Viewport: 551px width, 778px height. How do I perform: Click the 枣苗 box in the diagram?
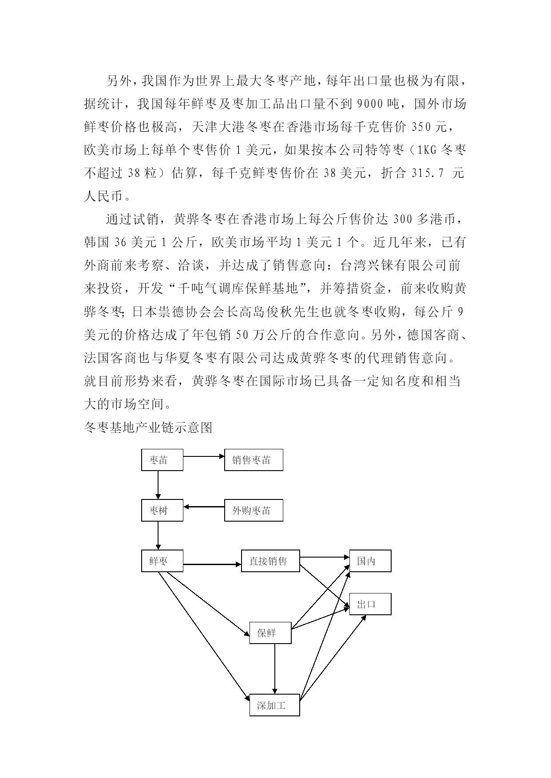tap(162, 460)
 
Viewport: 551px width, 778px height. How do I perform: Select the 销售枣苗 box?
tap(254, 460)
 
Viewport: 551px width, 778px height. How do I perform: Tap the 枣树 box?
tap(162, 511)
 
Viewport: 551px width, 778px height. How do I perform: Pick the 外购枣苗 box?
tap(254, 511)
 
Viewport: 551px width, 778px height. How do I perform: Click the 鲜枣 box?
tap(162, 561)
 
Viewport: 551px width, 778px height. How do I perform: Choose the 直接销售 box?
tap(270, 561)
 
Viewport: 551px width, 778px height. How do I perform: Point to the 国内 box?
tap(370, 561)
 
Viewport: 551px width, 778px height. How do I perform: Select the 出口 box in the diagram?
tap(370, 604)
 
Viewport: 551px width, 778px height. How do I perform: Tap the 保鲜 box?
tap(270, 633)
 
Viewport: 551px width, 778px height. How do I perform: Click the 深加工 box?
tap(274, 705)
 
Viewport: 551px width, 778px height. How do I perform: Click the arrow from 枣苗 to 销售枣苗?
tap(204, 456)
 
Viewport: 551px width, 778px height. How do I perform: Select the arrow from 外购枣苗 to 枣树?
tap(204, 507)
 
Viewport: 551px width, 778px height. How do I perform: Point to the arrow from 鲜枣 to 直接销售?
tap(212, 565)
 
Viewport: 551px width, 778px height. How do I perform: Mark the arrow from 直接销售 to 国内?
tap(325, 557)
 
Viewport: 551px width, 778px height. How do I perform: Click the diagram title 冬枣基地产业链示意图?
tap(148, 427)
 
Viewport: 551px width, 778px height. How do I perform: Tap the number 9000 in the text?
tap(370, 104)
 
